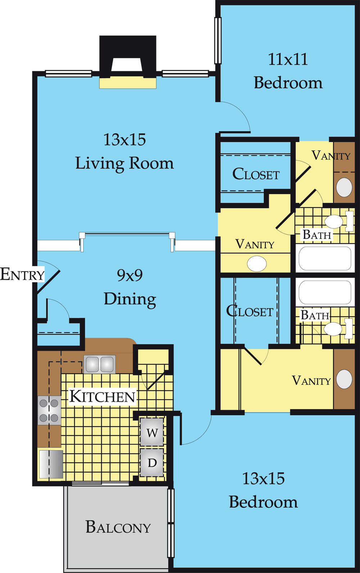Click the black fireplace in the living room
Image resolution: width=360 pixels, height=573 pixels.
pos(128,57)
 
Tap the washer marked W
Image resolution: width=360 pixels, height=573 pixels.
pos(152,432)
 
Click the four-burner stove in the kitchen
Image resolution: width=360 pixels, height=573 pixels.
pos(49,410)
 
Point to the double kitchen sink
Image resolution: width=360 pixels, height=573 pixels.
pos(100,364)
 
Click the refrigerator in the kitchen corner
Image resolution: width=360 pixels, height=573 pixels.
pos(51,464)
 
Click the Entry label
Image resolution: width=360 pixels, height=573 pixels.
pos(22,274)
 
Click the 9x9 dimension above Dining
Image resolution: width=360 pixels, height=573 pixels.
pos(130,275)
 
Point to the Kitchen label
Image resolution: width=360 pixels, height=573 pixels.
pos(102,396)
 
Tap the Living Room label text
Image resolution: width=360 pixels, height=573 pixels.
pos(125,163)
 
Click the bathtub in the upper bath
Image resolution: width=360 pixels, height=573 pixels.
pos(325,258)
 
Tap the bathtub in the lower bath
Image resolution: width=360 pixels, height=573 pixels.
pos(325,292)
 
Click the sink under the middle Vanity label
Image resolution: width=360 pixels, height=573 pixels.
pos(257,264)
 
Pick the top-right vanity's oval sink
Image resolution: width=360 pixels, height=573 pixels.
pos(344,187)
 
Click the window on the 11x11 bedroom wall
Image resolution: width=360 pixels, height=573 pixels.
pos(218,40)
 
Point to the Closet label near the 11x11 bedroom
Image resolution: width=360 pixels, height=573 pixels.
pos(256,174)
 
